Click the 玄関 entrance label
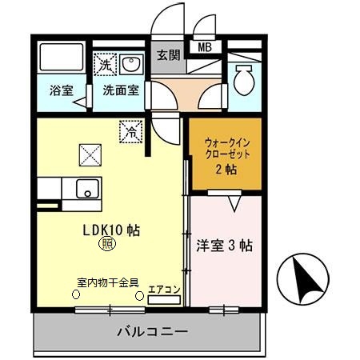(x=168, y=55)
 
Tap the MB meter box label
(x=205, y=46)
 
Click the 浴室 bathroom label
(x=60, y=90)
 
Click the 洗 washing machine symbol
(x=105, y=63)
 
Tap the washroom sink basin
(x=132, y=64)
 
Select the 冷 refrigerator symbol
(x=129, y=130)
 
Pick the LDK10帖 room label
(x=112, y=230)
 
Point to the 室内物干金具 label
(x=109, y=282)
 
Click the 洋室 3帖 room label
(x=225, y=246)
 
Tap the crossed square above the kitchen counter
(x=88, y=153)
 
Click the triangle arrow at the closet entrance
(x=235, y=205)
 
